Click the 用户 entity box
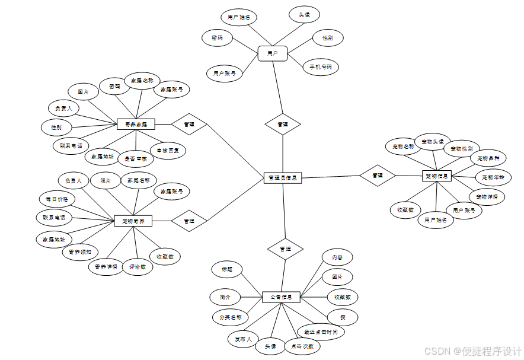point(273,53)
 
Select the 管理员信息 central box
point(283,177)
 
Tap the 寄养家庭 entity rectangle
point(136,125)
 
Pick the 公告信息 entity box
point(281,297)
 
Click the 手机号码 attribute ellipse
point(320,67)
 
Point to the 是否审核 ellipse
point(136,158)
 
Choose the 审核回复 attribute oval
point(168,151)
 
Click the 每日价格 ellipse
point(56,199)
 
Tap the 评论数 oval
point(138,267)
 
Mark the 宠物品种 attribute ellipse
point(488,158)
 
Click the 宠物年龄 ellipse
point(493,177)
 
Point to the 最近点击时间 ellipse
point(320,332)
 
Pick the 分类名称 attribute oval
point(230,317)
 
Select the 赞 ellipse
point(343,317)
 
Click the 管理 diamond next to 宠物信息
point(378,176)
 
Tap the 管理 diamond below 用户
point(283,125)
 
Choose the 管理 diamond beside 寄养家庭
point(189,125)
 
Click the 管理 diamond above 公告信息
point(285,249)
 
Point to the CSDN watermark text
point(473,351)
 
